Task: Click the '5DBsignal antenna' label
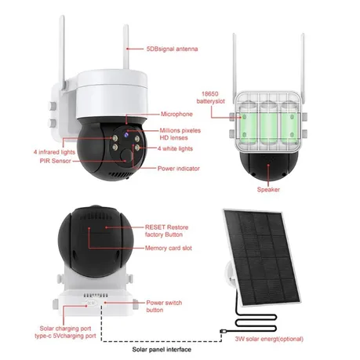pyautogui.click(x=172, y=49)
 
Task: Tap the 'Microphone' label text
pyautogui.click(x=176, y=114)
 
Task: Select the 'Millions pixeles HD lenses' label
pyautogui.click(x=180, y=134)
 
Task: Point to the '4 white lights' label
pyautogui.click(x=175, y=148)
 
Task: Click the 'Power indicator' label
pyautogui.click(x=179, y=169)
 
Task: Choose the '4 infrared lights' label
pyautogui.click(x=54, y=152)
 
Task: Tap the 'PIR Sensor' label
pyautogui.click(x=56, y=161)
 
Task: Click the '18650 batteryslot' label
pyautogui.click(x=210, y=97)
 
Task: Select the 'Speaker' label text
pyautogui.click(x=268, y=190)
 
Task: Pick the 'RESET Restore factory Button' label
pyautogui.click(x=166, y=231)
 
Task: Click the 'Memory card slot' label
pyautogui.click(x=169, y=248)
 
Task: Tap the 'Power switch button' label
pyautogui.click(x=164, y=306)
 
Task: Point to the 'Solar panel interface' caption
pyautogui.click(x=162, y=350)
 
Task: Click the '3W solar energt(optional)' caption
pyautogui.click(x=269, y=339)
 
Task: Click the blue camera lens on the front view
pyautogui.click(x=125, y=135)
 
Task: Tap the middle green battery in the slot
pyautogui.click(x=268, y=125)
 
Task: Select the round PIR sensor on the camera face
pyautogui.click(x=126, y=155)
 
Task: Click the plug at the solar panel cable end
pyautogui.click(x=224, y=332)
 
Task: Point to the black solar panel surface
pyautogui.click(x=262, y=257)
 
